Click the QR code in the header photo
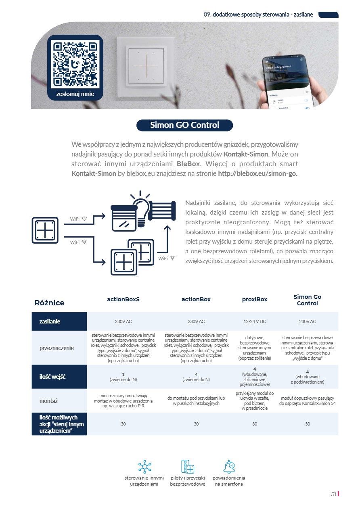pyautogui.click(x=75, y=64)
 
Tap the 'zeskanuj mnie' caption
pyautogui.click(x=75, y=94)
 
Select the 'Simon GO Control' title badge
pyautogui.click(x=184, y=125)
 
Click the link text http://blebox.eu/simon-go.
pyautogui.click(x=257, y=173)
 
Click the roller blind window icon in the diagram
pyautogui.click(x=124, y=218)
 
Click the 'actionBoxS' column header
pyautogui.click(x=123, y=299)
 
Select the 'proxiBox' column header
pyautogui.click(x=255, y=299)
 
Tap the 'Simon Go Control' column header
pyautogui.click(x=307, y=300)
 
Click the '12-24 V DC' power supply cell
pyautogui.click(x=255, y=321)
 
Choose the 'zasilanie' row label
pyautogui.click(x=50, y=321)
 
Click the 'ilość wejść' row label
pyautogui.click(x=52, y=377)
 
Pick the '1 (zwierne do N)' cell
pyautogui.click(x=123, y=377)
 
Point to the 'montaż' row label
pyautogui.click(x=48, y=401)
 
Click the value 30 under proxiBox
pyautogui.click(x=255, y=424)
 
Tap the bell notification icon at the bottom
pyautogui.click(x=229, y=467)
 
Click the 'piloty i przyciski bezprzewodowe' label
pyautogui.click(x=188, y=481)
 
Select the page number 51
pyautogui.click(x=333, y=494)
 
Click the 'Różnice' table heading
pyautogui.click(x=49, y=302)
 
